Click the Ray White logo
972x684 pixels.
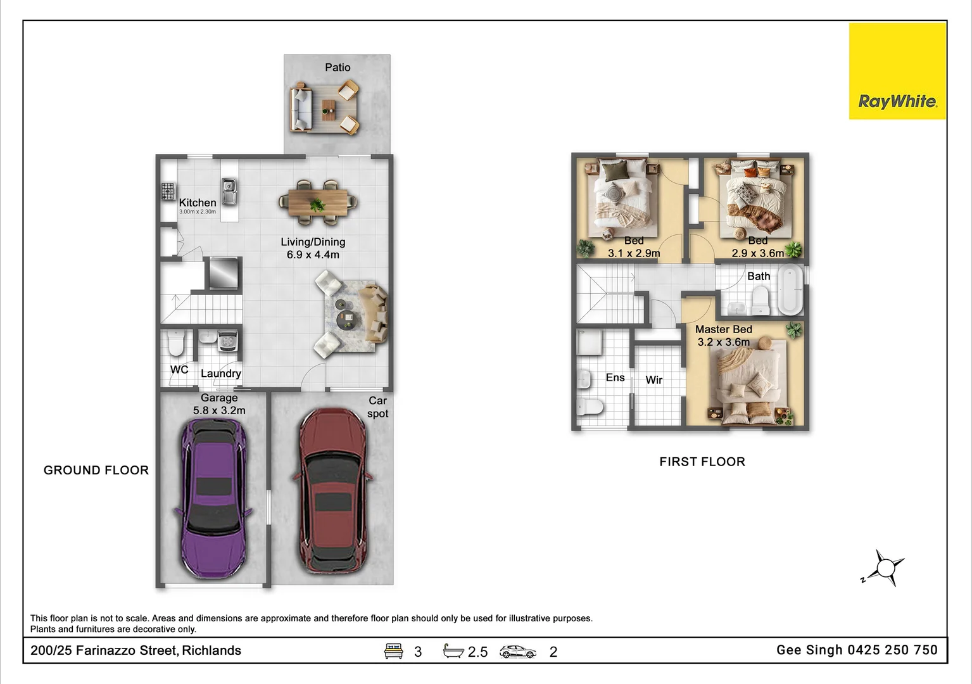coord(897,71)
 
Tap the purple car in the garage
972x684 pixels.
coord(213,498)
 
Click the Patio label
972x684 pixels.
coord(338,67)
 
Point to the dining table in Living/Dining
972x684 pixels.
coord(318,203)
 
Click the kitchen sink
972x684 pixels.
coord(229,191)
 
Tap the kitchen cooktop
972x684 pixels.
coord(168,191)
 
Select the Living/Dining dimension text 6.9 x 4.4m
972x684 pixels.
coord(313,255)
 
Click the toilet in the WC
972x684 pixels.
coord(176,343)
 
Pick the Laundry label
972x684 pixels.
coord(221,373)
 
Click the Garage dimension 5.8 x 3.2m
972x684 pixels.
coord(219,410)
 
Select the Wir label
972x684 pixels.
coord(654,380)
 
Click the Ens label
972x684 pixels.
coord(615,377)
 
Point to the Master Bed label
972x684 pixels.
coord(724,329)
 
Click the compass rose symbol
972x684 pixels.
coord(885,567)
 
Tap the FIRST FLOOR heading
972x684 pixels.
coord(702,461)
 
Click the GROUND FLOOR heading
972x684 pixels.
coord(96,470)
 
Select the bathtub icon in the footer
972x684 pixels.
coord(453,651)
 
